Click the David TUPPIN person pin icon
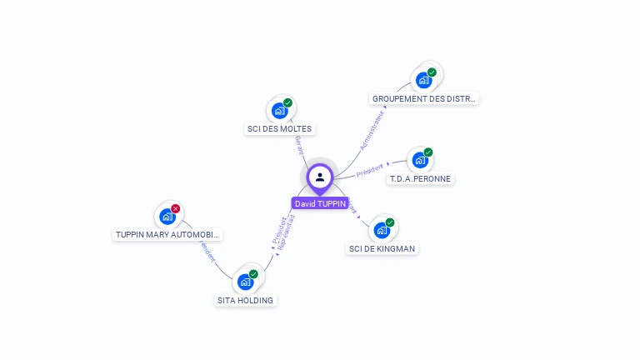coord(320,177)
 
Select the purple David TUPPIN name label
coord(320,203)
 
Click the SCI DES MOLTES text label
coord(279,129)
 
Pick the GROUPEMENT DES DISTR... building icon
coord(423,80)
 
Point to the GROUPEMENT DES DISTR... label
coord(424,98)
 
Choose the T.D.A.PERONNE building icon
coord(420,160)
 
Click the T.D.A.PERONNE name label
coord(421,179)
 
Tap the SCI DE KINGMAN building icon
coord(382,230)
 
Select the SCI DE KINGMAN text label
coord(382,248)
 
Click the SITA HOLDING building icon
coord(245,282)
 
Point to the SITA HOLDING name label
coord(245,300)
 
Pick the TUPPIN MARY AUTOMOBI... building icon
coord(167,217)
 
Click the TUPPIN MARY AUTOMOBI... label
coord(167,235)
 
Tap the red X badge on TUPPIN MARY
coord(176,208)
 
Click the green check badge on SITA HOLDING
coord(253,273)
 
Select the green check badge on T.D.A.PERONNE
coord(428,152)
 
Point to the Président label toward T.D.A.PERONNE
coord(371,170)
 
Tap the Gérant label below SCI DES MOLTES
coord(299,145)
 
